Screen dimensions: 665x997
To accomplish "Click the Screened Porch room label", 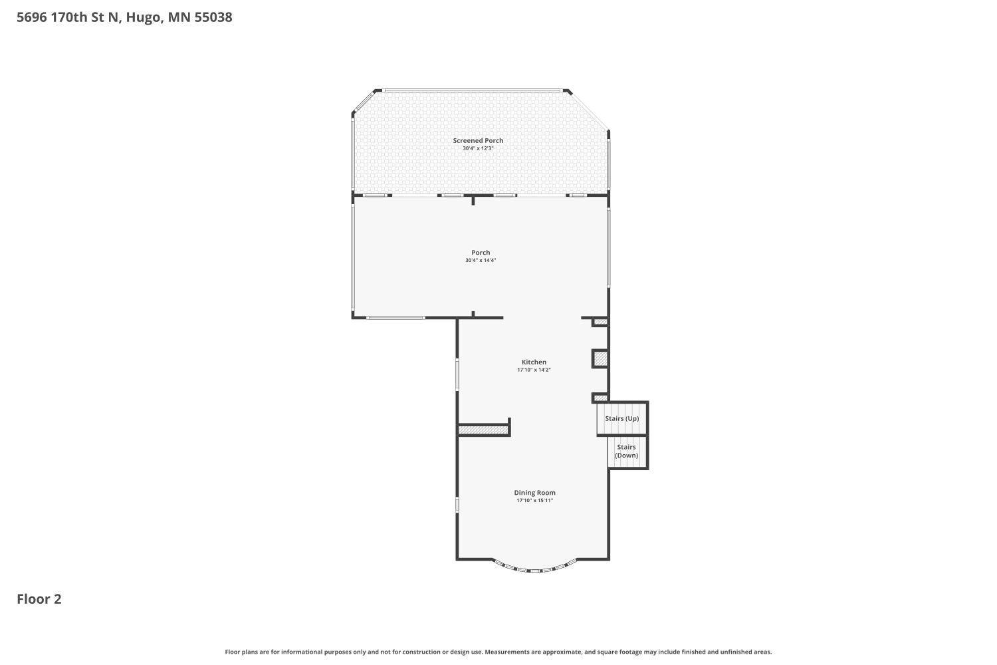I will (x=478, y=140).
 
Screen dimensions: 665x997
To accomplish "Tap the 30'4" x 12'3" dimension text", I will (x=478, y=148).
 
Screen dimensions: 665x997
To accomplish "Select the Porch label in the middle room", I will (x=481, y=253).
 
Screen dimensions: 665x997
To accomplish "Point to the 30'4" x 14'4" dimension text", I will (x=481, y=261).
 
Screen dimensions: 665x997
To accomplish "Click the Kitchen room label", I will (x=534, y=362).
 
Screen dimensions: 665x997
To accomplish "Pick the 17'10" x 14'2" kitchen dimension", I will (x=534, y=370).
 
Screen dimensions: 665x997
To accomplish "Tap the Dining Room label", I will (x=534, y=493).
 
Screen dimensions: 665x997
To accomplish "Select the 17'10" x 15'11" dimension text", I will (x=534, y=500).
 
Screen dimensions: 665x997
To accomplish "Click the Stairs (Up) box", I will (x=622, y=418).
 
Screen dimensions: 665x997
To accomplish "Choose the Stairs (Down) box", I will (x=627, y=452).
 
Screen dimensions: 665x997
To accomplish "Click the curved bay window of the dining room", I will (x=535, y=569).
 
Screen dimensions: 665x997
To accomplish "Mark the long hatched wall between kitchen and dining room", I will (x=483, y=431).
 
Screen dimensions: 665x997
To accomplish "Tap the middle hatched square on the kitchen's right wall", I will (x=600, y=359).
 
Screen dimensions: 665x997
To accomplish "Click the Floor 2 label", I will (x=39, y=599).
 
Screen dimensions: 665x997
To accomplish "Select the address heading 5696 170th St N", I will (x=124, y=17).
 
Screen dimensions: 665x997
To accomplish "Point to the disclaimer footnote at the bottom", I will (x=498, y=652).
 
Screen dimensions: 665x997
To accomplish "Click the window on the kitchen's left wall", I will (x=457, y=374).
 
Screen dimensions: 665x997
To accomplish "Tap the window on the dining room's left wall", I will (x=457, y=505).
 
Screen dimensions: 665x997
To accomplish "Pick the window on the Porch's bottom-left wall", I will (x=395, y=318).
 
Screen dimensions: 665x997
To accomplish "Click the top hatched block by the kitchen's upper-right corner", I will (x=600, y=323).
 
